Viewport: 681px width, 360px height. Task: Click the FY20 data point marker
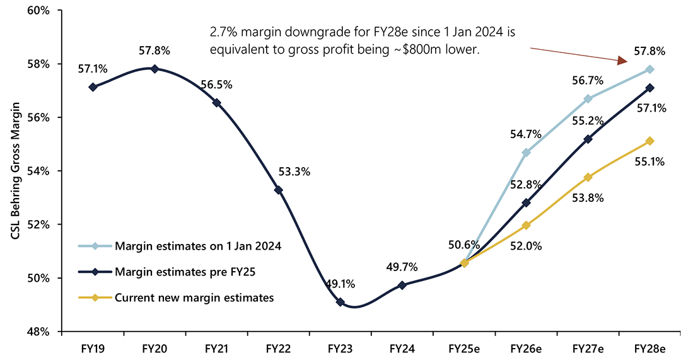[154, 69]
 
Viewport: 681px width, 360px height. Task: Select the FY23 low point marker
[340, 302]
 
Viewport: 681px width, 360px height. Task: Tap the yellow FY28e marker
[649, 141]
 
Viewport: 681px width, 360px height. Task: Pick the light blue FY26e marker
[526, 153]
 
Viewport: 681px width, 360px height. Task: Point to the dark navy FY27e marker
[588, 139]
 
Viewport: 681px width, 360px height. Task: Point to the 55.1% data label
[651, 161]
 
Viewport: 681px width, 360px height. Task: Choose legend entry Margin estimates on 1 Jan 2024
[197, 246]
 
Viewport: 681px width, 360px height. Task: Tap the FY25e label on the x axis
[464, 348]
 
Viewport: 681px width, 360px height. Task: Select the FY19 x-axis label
[93, 348]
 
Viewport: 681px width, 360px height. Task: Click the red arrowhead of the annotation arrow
[622, 61]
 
